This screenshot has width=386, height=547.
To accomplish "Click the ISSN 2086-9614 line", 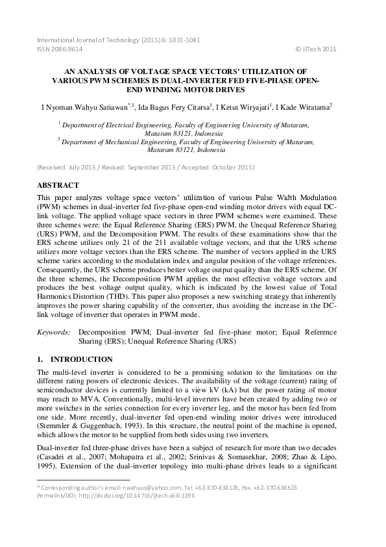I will pyautogui.click(x=60, y=49).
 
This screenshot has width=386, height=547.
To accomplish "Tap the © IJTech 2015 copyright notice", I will pyautogui.click(x=315, y=49).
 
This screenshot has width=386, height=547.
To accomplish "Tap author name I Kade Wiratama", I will pyautogui.click(x=303, y=107).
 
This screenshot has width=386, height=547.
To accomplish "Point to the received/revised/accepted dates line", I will pyautogui.click(x=146, y=168).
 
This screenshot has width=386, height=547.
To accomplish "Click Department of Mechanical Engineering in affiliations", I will pyautogui.click(x=119, y=139).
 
